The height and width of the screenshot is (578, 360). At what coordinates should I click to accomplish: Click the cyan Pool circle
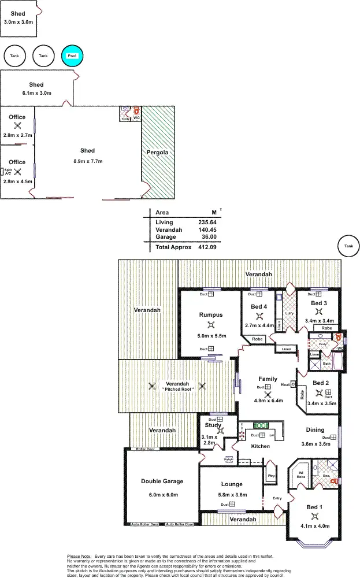[x=72, y=55]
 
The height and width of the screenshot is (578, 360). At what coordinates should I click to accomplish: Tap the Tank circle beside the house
[x=348, y=246]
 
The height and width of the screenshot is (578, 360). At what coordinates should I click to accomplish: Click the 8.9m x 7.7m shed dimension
[x=87, y=161]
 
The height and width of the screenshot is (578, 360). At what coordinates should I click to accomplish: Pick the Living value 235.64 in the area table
[x=206, y=222]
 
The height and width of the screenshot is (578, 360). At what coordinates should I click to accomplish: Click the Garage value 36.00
[x=209, y=236]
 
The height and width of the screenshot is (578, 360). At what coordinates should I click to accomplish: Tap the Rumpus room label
[x=210, y=315]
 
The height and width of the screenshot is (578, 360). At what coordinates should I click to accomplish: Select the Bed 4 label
[x=259, y=306]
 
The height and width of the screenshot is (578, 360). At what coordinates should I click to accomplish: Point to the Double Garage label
[x=162, y=481]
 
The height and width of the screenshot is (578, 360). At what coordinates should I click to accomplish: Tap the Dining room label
[x=316, y=430]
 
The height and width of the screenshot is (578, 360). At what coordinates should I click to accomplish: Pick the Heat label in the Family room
[x=284, y=384]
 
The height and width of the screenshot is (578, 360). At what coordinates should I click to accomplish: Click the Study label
[x=213, y=425]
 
